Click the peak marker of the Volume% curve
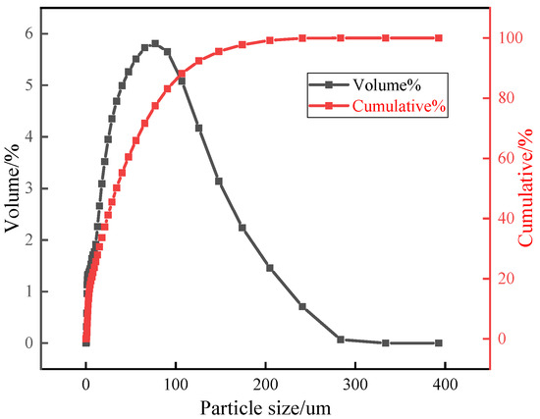pyautogui.click(x=155, y=43)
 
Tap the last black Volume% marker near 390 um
pyautogui.click(x=438, y=343)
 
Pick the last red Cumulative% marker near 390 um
pyautogui.click(x=438, y=38)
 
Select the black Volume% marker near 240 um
pyautogui.click(x=302, y=306)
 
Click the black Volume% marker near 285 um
pyautogui.click(x=341, y=340)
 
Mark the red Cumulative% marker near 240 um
pyautogui.click(x=302, y=38)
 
